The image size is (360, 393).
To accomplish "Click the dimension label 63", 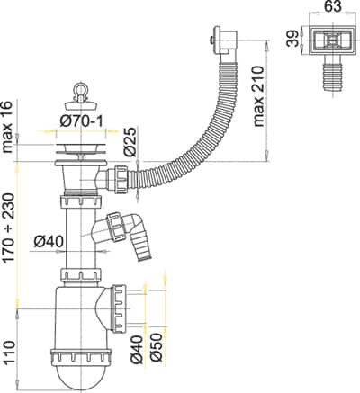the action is [x=333, y=6].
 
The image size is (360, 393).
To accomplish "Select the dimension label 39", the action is [x=292, y=38].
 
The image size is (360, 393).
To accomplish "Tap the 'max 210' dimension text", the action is [x=258, y=97].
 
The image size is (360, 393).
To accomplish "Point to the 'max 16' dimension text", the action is [x=8, y=127].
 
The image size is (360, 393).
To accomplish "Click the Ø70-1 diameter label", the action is [x=81, y=121].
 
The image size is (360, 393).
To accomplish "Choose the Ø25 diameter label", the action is [x=130, y=141].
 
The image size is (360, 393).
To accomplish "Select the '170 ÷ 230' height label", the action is [x=8, y=228].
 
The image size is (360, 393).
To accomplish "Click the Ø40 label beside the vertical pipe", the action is [x=49, y=242].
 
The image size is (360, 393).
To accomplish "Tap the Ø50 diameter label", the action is [x=157, y=348].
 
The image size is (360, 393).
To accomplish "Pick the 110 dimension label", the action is [x=9, y=353].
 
